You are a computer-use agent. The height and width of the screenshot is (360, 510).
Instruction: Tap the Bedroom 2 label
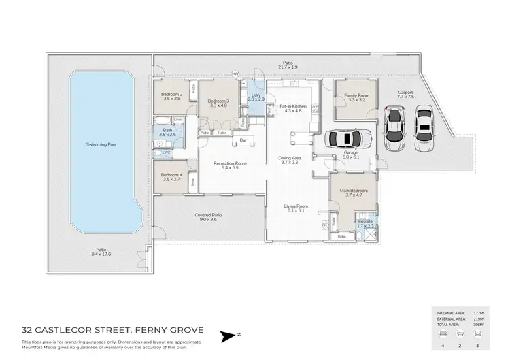point(171,94)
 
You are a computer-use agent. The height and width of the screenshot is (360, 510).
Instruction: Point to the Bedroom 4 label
point(171,174)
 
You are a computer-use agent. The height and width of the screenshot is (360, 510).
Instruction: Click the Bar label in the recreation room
point(242,140)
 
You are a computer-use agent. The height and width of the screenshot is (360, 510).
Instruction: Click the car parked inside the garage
point(347,138)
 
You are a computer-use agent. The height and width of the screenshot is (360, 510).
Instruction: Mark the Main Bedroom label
point(353,190)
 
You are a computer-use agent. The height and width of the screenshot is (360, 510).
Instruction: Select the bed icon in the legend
point(443,334)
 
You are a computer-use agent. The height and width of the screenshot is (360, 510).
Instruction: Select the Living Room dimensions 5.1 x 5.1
point(296,211)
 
